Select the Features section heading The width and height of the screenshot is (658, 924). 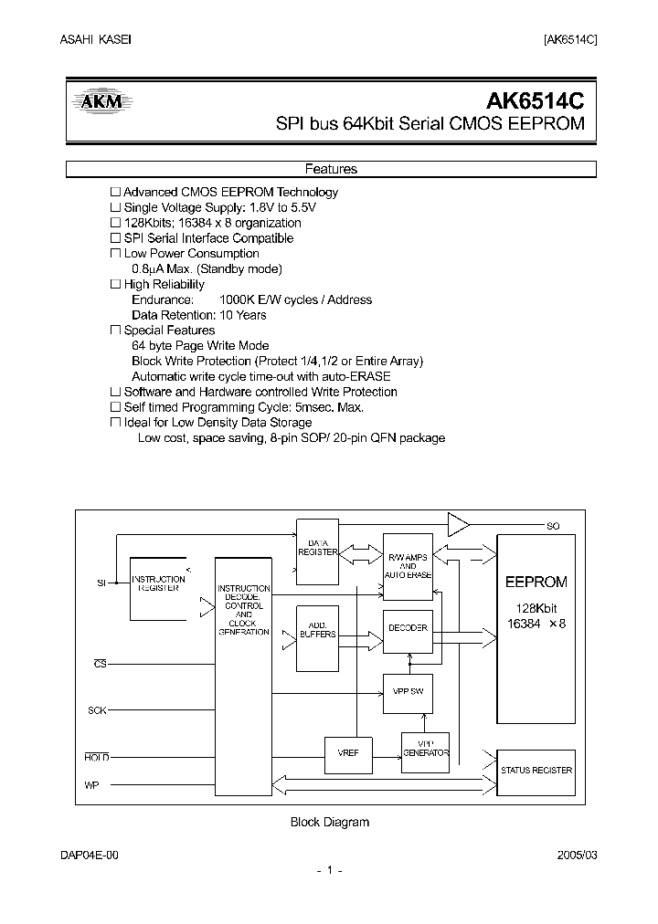point(330,169)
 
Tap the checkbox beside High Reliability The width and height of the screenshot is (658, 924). point(115,285)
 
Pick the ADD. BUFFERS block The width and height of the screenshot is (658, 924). point(317,629)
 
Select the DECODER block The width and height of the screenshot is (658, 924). point(408,628)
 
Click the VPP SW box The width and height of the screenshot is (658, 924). point(408,691)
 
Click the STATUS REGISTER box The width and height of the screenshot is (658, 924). point(536,770)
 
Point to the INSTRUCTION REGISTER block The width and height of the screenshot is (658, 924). point(159,583)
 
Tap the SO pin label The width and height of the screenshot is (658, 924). point(553,526)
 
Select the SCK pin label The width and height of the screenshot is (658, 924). point(97,709)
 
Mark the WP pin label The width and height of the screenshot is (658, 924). point(91,784)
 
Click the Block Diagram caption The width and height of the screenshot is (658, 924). point(329,822)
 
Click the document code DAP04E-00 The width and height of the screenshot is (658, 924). point(90,855)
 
